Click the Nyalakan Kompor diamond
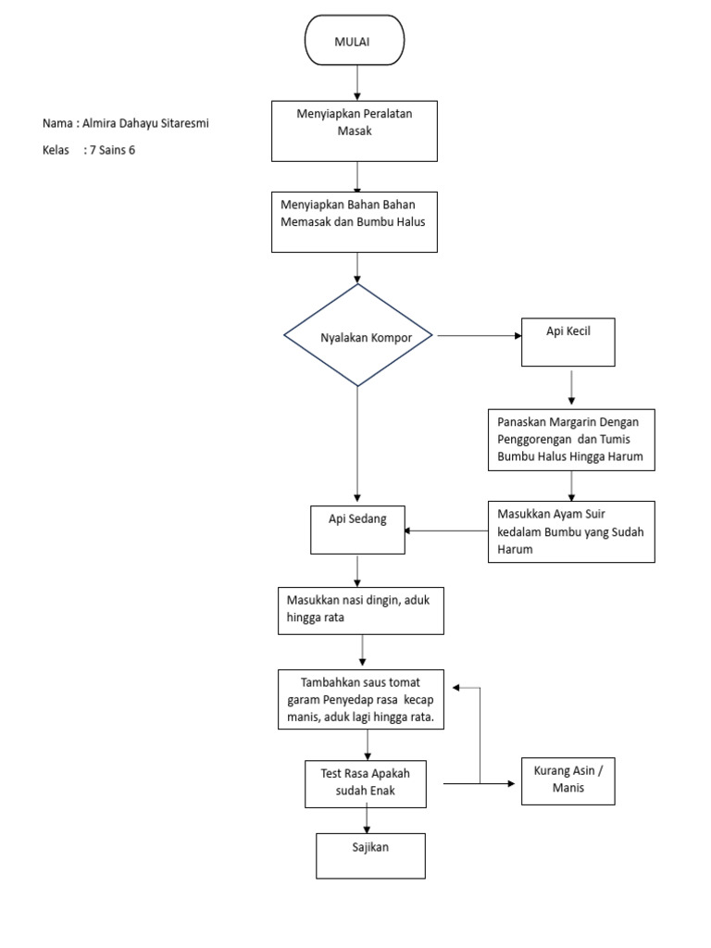(x=358, y=336)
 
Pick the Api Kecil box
(x=569, y=343)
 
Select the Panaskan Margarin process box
(x=571, y=439)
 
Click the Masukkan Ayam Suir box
(x=571, y=531)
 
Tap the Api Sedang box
(x=357, y=530)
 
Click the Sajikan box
(x=370, y=854)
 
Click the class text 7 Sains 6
(x=109, y=149)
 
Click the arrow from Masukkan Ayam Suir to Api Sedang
(x=447, y=530)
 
